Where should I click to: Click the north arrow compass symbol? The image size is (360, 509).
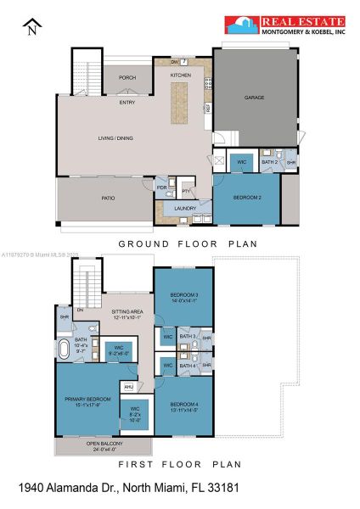[31, 27]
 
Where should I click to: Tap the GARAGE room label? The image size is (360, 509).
[254, 98]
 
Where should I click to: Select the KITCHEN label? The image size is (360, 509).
[180, 76]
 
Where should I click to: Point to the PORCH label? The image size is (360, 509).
[127, 77]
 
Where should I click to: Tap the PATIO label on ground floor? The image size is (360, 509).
[108, 199]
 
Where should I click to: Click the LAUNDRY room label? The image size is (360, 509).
[186, 208]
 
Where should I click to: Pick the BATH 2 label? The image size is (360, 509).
[269, 161]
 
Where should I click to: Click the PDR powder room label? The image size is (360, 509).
[161, 188]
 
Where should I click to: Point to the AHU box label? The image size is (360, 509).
[128, 386]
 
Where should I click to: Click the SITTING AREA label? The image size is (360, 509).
[127, 313]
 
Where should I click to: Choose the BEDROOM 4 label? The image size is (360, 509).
[183, 406]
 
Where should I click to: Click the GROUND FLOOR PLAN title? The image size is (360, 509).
[187, 243]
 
